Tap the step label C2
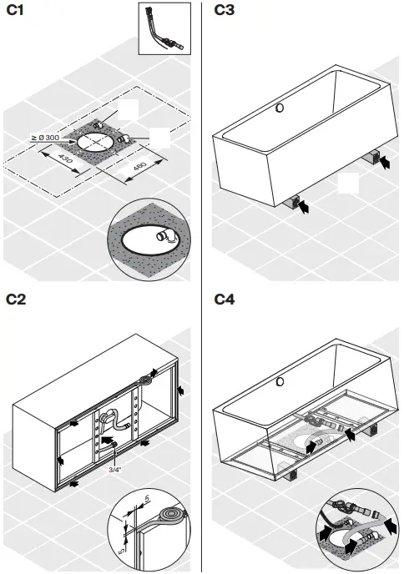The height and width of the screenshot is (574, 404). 17,299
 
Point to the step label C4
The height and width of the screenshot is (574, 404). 226,299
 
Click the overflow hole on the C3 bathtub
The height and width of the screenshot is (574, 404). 281,108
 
